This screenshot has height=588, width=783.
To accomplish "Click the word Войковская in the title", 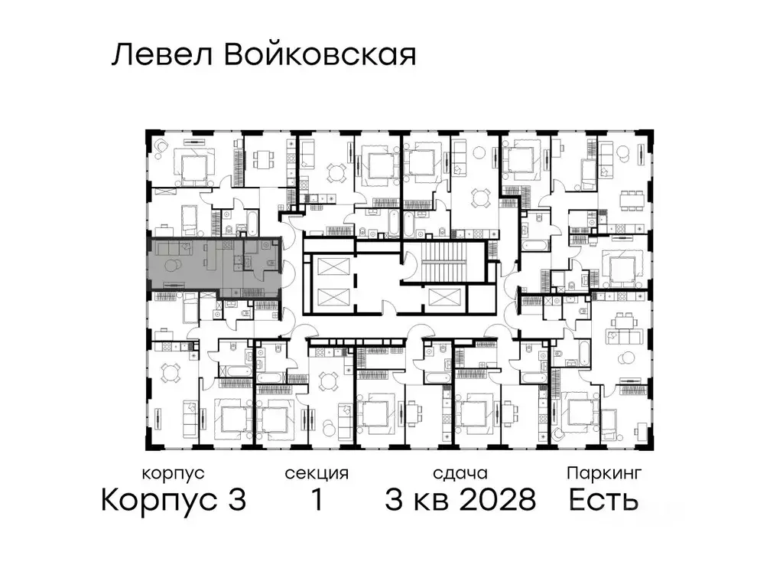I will coord(321,56).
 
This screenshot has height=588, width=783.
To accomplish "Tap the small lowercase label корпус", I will coord(174,473).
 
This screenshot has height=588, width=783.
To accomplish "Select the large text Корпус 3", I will coord(174,501).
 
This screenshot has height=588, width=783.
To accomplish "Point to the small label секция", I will coord(317,473).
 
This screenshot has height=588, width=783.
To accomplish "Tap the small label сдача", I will coord(459,473).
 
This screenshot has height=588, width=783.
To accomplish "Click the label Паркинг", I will coord(604,473).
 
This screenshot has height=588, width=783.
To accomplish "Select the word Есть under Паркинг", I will coord(604,501).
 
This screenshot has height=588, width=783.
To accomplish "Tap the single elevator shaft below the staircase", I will coord(444,298).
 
